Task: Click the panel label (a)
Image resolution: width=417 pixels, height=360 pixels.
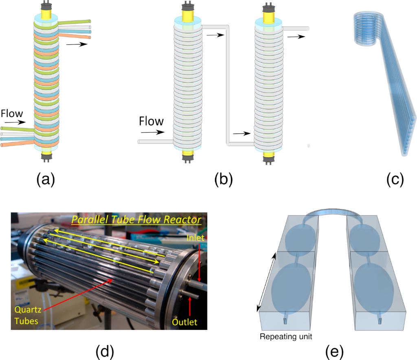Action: [45, 179]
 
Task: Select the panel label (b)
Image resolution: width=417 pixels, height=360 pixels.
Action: [224, 179]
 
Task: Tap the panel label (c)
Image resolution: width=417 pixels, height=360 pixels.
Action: [395, 179]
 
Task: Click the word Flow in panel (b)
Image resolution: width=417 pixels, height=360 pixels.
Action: [151, 121]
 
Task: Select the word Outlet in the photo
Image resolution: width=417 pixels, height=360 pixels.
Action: [185, 322]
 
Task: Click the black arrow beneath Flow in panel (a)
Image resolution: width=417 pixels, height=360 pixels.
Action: [13, 121]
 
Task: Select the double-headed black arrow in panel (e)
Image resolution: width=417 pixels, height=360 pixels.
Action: [266, 282]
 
